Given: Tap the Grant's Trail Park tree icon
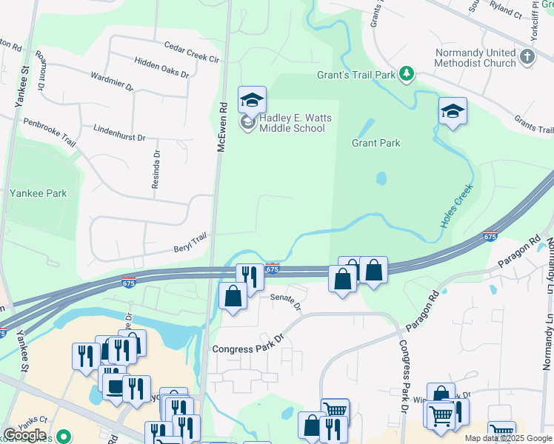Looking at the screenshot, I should click(406, 73).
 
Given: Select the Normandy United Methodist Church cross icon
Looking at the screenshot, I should click(527, 57).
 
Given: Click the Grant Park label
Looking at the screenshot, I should click(376, 143).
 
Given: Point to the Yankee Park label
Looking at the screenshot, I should click(39, 194).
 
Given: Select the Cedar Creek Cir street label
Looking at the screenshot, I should click(193, 51).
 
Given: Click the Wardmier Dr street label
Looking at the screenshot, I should click(111, 81).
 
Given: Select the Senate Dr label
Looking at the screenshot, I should click(286, 300).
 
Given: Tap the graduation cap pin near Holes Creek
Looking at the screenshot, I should click(453, 111).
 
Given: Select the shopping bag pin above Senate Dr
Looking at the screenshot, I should click(233, 296).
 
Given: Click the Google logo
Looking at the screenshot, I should click(25, 435).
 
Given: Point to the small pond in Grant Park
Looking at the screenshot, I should click(381, 178).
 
